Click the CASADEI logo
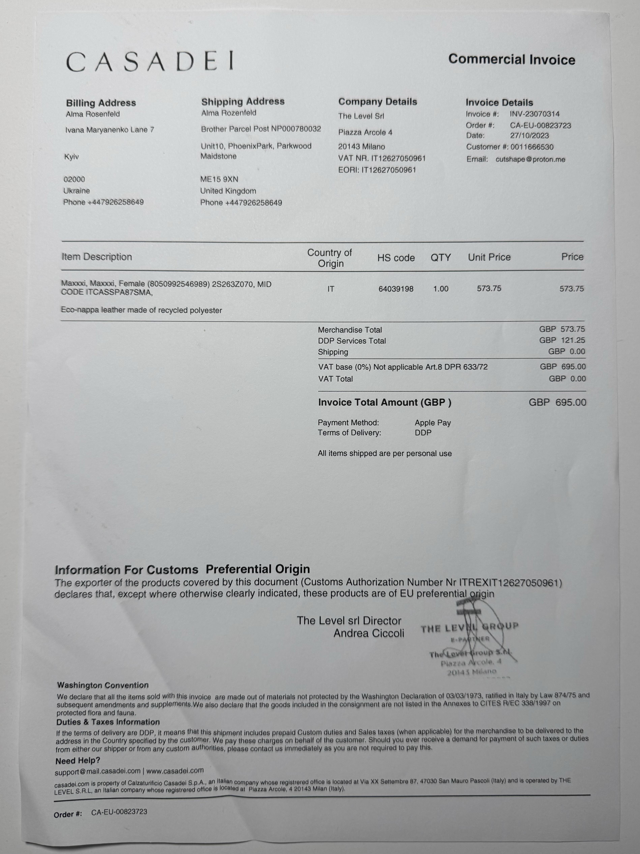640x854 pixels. pyautogui.click(x=150, y=62)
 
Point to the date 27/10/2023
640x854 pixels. pyautogui.click(x=529, y=135)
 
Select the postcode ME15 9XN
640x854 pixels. pyautogui.click(x=219, y=179)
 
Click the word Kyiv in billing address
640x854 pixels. pyautogui.click(x=72, y=157)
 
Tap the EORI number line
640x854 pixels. pyautogui.click(x=377, y=170)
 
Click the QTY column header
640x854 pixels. pyautogui.click(x=441, y=257)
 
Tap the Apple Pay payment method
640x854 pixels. pyautogui.click(x=432, y=423)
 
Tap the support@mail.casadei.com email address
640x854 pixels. pyautogui.click(x=98, y=771)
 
